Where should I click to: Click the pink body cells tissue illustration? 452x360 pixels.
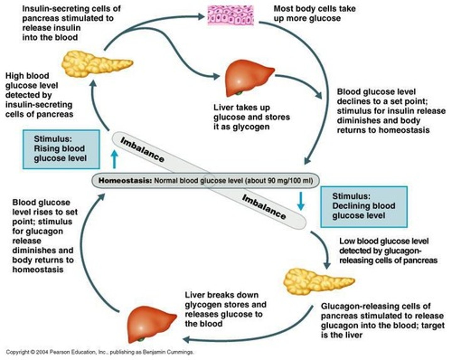[x=231, y=15]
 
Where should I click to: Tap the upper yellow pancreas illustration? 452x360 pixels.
[x=97, y=64]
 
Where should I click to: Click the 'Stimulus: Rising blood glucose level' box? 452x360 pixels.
[x=61, y=149]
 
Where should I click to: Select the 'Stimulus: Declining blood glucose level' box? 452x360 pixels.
[x=364, y=207]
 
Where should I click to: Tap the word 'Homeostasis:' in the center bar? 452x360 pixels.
[x=125, y=181]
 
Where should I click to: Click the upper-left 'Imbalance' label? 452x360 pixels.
[x=142, y=150]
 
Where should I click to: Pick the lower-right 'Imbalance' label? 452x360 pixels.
[x=264, y=207]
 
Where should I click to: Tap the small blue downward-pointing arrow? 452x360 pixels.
[x=301, y=201]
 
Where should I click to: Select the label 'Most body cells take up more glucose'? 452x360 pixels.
[x=315, y=14]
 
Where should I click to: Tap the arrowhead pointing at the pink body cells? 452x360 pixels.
[x=201, y=16]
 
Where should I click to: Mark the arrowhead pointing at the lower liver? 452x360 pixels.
[x=186, y=339]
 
